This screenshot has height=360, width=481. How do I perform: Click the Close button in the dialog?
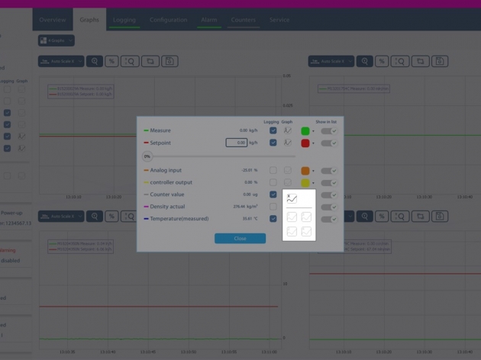pyautogui.click(x=240, y=238)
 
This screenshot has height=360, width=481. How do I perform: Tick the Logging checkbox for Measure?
pyautogui.click(x=273, y=130)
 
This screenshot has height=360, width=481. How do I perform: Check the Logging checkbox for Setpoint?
pyautogui.click(x=273, y=143)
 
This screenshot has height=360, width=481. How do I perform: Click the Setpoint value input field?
pyautogui.click(x=237, y=143)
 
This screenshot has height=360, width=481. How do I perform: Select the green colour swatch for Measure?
pyautogui.click(x=305, y=131)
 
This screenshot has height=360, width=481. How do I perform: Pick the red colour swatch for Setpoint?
pyautogui.click(x=305, y=143)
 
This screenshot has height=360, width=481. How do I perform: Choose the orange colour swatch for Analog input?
pyautogui.click(x=305, y=171)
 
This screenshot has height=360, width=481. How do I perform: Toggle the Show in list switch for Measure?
pyautogui.click(x=329, y=131)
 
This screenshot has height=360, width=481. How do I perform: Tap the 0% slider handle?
pyautogui.click(x=147, y=156)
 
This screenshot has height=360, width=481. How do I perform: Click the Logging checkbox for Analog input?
pyautogui.click(x=273, y=170)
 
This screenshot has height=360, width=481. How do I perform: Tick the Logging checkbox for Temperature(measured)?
pyautogui.click(x=273, y=219)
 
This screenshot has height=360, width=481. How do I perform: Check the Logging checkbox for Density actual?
pyautogui.click(x=273, y=207)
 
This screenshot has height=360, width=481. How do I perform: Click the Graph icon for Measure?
pyautogui.click(x=288, y=130)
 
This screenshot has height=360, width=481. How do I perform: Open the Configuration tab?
pyautogui.click(x=169, y=20)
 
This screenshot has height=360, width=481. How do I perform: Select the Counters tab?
pyautogui.click(x=243, y=20)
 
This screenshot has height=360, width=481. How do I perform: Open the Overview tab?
pyautogui.click(x=52, y=20)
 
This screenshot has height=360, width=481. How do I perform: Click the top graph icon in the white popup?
pyautogui.click(x=292, y=198)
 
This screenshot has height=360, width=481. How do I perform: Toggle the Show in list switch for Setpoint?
pyautogui.click(x=329, y=143)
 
